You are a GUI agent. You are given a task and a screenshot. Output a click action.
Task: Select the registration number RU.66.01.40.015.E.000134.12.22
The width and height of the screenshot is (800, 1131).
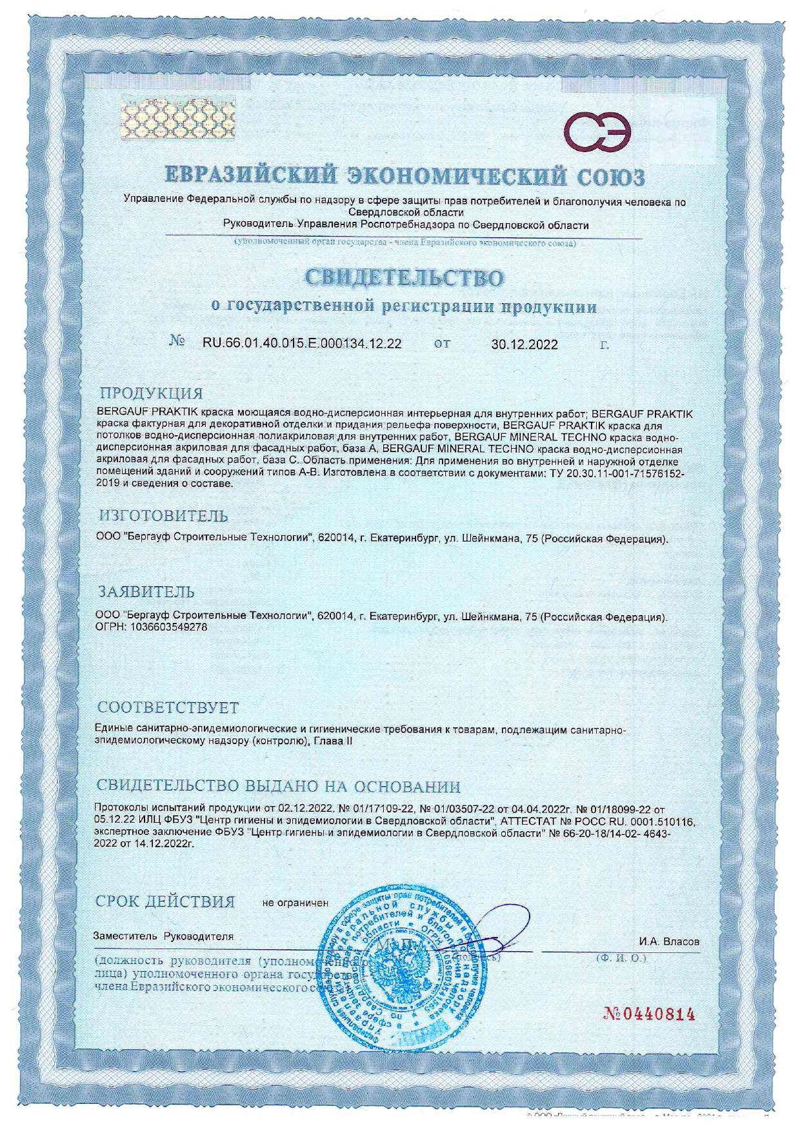click(x=302, y=344)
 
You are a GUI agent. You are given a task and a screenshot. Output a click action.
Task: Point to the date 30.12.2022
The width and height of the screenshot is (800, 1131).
click(x=525, y=344)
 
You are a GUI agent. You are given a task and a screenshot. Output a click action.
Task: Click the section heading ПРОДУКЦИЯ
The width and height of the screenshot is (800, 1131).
click(x=151, y=393)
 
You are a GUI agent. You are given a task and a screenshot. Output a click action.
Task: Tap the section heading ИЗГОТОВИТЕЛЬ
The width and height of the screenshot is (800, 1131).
click(x=163, y=516)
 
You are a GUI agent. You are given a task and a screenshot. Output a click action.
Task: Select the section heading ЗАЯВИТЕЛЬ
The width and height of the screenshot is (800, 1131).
click(x=146, y=592)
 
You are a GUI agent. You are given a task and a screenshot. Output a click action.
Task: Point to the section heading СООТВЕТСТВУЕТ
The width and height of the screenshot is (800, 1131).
click(x=168, y=708)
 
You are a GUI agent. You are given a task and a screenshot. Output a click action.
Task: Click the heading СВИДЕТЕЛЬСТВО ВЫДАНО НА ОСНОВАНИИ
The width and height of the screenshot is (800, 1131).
click(x=278, y=787)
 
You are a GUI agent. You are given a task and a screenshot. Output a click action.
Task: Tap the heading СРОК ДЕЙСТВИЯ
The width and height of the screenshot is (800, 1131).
click(x=165, y=901)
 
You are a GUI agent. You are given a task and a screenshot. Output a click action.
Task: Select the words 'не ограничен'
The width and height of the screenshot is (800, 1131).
click(x=295, y=903)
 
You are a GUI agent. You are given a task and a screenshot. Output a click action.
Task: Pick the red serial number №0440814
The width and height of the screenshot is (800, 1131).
click(x=650, y=1014)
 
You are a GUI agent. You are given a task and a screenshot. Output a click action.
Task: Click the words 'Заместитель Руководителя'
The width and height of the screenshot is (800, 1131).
click(x=164, y=936)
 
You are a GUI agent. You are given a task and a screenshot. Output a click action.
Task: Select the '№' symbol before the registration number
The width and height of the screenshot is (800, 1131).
click(x=178, y=342)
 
